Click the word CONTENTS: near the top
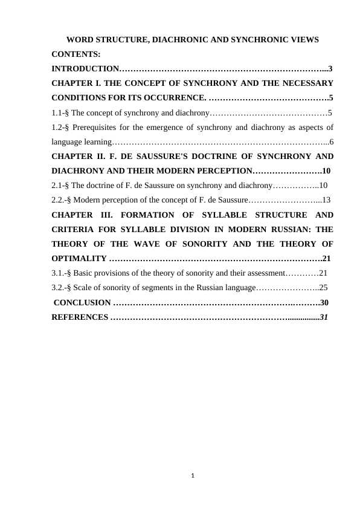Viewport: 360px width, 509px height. [x=76, y=54]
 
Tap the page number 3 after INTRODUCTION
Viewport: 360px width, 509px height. [x=330, y=69]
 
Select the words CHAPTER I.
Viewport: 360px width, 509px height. [x=74, y=83]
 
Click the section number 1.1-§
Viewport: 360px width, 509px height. [x=60, y=112]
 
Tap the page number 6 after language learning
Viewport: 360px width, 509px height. [x=332, y=142]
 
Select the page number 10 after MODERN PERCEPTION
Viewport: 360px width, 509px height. [x=326, y=171]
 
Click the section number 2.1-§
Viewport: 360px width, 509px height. [x=60, y=186]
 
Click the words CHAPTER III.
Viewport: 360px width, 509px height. [x=79, y=215]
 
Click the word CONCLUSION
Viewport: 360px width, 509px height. [x=82, y=302]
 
